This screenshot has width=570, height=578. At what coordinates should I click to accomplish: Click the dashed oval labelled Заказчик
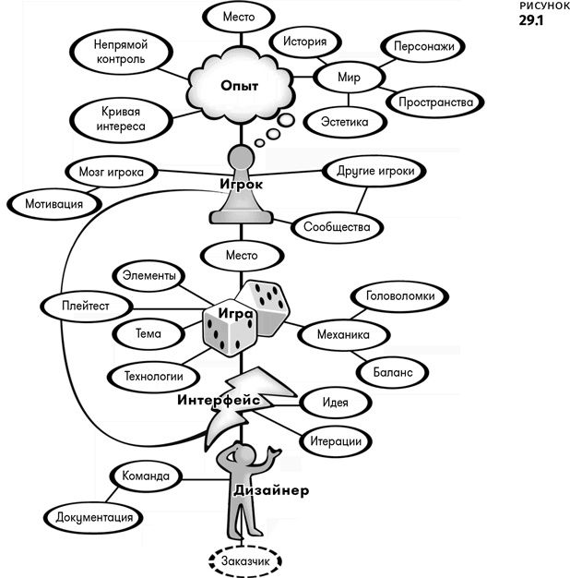(x=245, y=561)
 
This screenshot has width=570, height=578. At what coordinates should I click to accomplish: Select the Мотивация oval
(x=54, y=204)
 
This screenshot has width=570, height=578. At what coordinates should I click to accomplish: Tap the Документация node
(x=93, y=517)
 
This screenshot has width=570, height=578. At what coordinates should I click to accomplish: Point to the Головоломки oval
(x=400, y=296)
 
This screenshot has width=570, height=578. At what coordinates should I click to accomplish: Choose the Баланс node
(x=393, y=372)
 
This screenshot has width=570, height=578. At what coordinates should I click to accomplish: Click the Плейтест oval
(x=86, y=306)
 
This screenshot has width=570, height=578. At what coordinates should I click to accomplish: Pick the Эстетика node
(x=345, y=122)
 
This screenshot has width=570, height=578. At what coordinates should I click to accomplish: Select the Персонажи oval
(x=423, y=46)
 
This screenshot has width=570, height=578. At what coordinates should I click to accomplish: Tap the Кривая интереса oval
(x=121, y=119)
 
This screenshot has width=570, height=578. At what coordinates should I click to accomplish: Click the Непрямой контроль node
(x=121, y=52)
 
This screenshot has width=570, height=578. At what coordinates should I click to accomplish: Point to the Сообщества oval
(x=337, y=227)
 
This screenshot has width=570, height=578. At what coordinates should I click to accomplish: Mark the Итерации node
(x=336, y=440)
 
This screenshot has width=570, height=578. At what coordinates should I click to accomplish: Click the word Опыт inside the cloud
(x=239, y=86)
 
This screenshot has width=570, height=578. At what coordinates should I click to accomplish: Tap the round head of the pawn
(x=241, y=158)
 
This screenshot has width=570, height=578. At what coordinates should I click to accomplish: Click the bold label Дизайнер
(x=271, y=490)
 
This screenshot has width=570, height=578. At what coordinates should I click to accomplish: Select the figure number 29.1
(x=531, y=20)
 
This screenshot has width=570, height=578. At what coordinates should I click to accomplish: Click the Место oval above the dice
(x=242, y=256)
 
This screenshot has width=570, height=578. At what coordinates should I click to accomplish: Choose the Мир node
(x=349, y=78)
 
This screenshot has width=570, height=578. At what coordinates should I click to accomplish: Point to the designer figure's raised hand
(x=274, y=452)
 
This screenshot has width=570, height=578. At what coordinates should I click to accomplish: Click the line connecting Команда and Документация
(x=112, y=495)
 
